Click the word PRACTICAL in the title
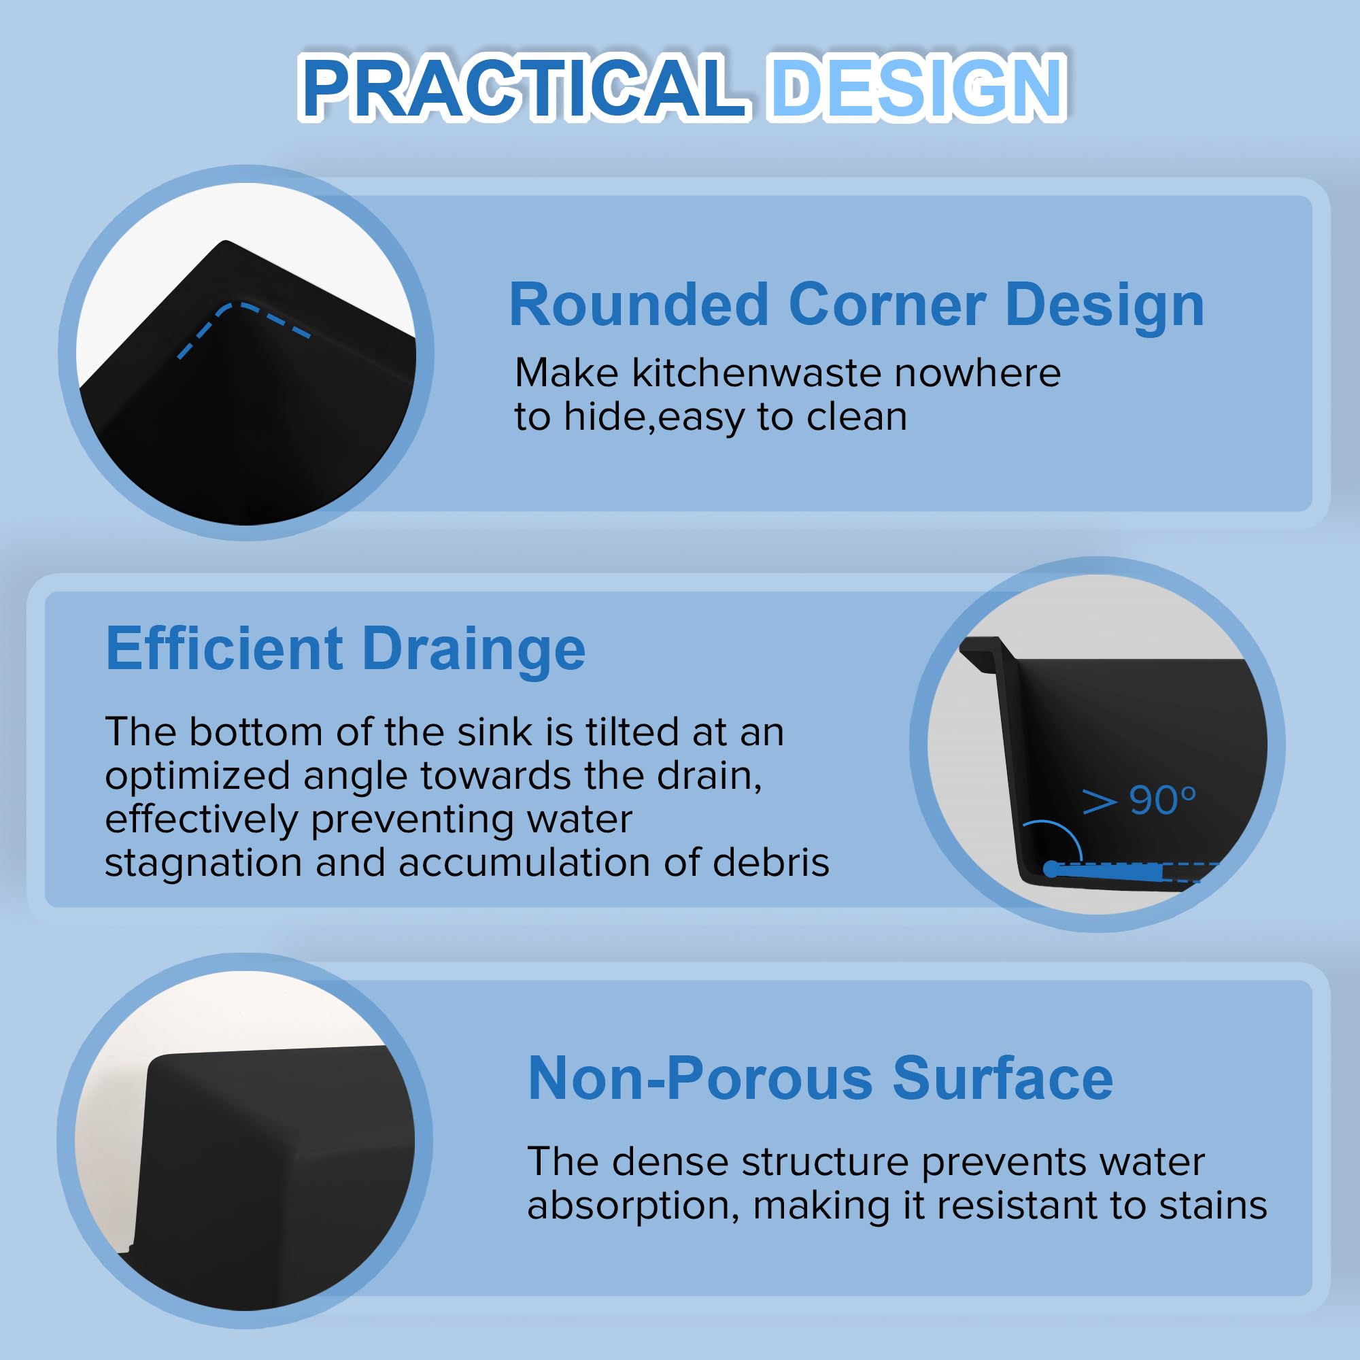[524, 87]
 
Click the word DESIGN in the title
[917, 87]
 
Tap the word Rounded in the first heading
[639, 305]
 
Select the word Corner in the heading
[887, 305]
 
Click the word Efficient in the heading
[224, 648]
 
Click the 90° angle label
[1162, 800]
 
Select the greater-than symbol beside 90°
[1100, 802]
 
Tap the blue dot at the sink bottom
[1051, 869]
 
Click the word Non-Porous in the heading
[701, 1078]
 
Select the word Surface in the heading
[1003, 1078]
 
